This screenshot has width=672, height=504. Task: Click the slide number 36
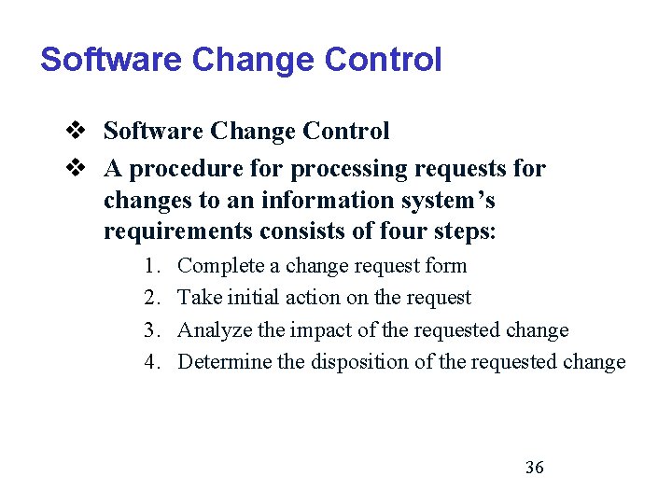tap(534, 468)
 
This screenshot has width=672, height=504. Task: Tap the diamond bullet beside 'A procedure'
tap(77, 169)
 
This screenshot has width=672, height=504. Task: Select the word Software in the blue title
tap(111, 60)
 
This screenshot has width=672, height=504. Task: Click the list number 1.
tap(153, 266)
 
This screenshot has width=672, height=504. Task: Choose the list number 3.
tap(153, 330)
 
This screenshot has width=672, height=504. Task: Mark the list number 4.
tap(153, 362)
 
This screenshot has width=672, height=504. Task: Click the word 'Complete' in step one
tap(219, 266)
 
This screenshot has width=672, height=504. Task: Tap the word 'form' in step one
tap(446, 266)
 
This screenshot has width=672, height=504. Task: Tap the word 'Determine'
tap(224, 362)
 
